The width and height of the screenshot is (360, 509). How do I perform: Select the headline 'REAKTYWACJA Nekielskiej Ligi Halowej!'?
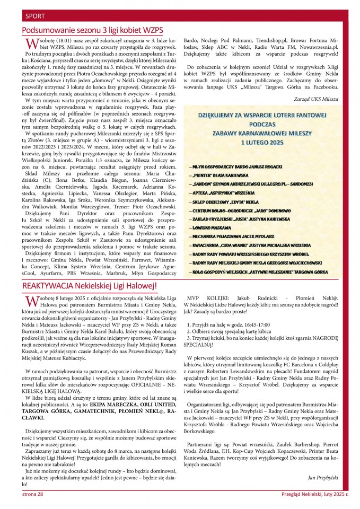pyautogui.click(x=90, y=286)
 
